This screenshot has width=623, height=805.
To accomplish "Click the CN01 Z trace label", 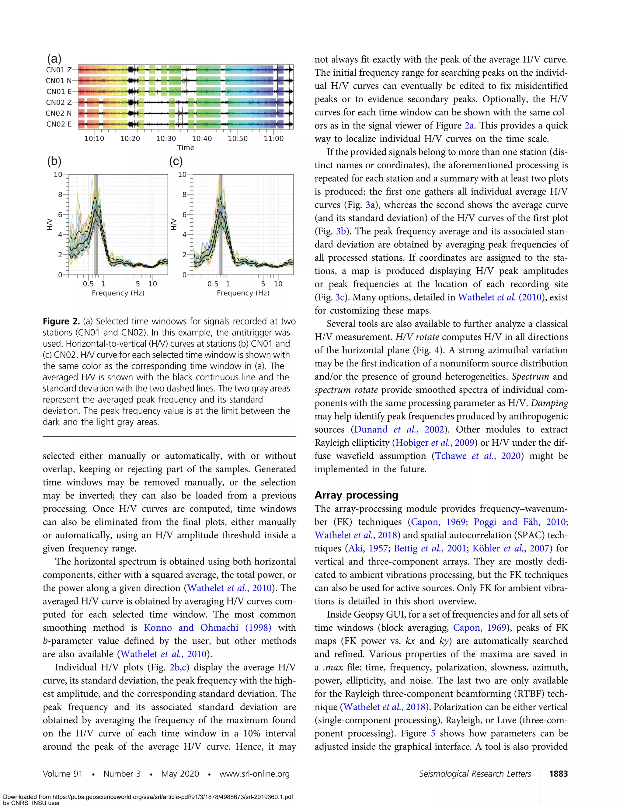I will pyautogui.click(x=59, y=70).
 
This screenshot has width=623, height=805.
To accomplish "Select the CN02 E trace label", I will pyautogui.click(x=59, y=124).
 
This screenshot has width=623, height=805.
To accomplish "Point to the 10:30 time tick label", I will pyautogui.click(x=166, y=139).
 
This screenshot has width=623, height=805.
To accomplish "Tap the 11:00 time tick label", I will pyautogui.click(x=273, y=139).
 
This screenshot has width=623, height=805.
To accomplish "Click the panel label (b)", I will pyautogui.click(x=54, y=161).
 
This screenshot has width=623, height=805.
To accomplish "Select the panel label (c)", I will pyautogui.click(x=176, y=161).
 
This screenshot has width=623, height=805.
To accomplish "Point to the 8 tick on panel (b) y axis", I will pyautogui.click(x=60, y=194).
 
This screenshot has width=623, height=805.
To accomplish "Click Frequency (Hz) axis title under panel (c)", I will pyautogui.click(x=243, y=293).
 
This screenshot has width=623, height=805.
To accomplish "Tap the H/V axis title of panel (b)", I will pyautogui.click(x=50, y=224).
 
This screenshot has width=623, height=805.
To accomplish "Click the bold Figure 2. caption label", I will pyautogui.click(x=61, y=321).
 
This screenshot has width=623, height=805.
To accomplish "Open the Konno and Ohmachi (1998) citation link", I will pyautogui.click(x=207, y=628).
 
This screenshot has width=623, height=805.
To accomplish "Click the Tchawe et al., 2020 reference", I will pyautogui.click(x=478, y=456).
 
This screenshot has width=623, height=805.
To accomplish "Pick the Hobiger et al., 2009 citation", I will pyautogui.click(x=435, y=443).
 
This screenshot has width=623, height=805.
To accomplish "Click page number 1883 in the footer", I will pyautogui.click(x=558, y=774).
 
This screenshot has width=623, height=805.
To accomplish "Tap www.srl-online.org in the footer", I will pyautogui.click(x=254, y=774).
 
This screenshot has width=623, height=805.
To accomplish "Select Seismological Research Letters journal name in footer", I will pyautogui.click(x=475, y=774).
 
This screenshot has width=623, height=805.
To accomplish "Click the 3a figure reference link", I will pyautogui.click(x=370, y=205).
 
